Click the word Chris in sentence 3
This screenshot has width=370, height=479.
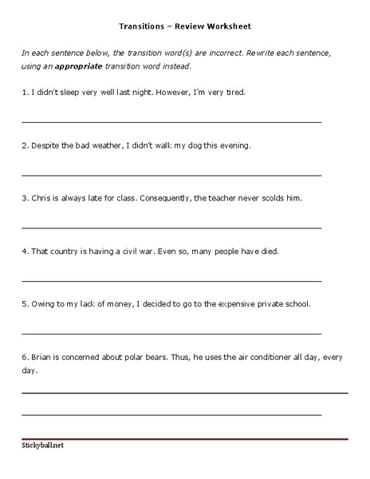pyautogui.click(x=42, y=197)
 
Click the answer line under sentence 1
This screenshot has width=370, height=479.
pyautogui.click(x=171, y=122)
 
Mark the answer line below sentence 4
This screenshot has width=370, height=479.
pyautogui.click(x=171, y=280)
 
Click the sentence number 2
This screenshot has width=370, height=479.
pyautogui.click(x=24, y=145)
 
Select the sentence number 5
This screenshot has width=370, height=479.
pyautogui.click(x=24, y=303)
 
